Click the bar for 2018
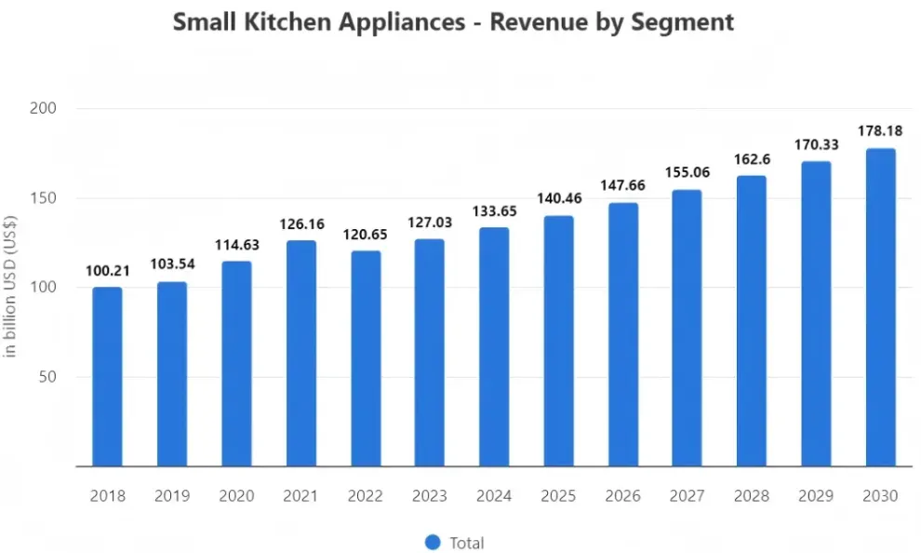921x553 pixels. tap(108, 377)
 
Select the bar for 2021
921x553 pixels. tap(301, 353)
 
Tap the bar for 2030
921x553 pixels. tap(880, 307)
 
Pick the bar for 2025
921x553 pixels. tap(558, 341)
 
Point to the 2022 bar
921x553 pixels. tap(366, 358)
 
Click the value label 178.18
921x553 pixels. tap(880, 131)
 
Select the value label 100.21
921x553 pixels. tap(108, 271)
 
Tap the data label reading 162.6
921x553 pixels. tap(752, 159)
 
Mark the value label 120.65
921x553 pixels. tap(366, 235)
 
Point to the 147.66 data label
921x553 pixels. tap(622, 185)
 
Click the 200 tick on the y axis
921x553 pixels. tap(43, 108)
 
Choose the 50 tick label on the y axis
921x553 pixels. tap(47, 377)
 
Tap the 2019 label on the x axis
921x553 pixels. tap(172, 496)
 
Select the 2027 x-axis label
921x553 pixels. tap(687, 496)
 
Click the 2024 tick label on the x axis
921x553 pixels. tap(494, 496)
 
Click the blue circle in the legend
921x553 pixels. tap(433, 543)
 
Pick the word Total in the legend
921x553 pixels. tap(467, 543)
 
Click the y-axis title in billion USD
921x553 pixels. tap(10, 287)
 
